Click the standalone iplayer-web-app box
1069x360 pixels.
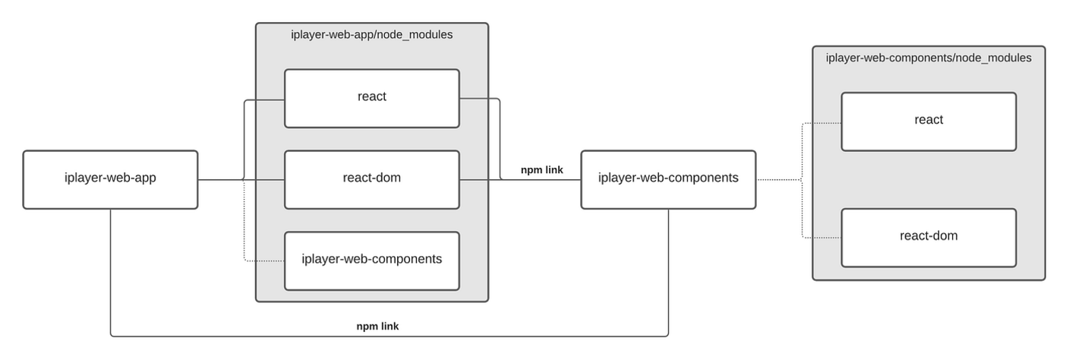pos(110,179)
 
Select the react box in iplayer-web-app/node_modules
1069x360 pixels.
pos(372,99)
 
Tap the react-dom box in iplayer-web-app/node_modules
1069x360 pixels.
pos(372,179)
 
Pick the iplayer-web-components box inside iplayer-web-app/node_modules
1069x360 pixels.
pos(372,261)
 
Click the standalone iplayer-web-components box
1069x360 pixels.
pos(668,179)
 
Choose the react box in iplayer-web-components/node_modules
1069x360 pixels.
pos(929,122)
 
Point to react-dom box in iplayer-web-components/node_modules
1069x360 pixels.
pos(929,238)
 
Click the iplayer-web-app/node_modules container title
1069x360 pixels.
pos(372,34)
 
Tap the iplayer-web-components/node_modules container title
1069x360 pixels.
pos(929,58)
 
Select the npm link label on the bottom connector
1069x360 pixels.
pos(377,326)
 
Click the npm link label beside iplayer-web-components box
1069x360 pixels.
pos(541,170)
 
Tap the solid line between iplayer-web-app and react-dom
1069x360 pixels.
pos(241,179)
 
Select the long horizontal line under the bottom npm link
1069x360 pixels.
pos(389,336)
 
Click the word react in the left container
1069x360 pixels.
pos(372,96)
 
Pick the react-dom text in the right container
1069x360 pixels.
pos(929,236)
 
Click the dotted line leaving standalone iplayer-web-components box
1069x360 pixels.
pos(779,179)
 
